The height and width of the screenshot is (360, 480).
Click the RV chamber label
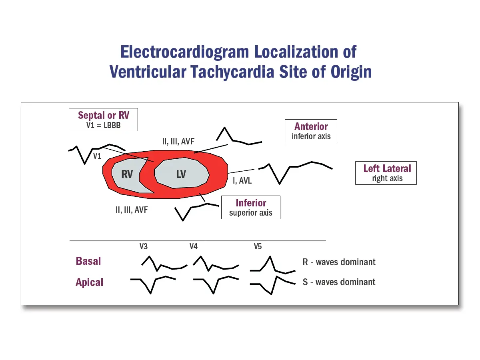point(127,175)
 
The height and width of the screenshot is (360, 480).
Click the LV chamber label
point(181,174)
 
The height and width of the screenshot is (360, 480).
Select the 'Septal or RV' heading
point(103,116)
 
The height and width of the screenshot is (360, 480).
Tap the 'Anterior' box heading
point(311,126)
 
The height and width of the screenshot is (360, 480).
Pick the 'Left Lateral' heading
point(387,168)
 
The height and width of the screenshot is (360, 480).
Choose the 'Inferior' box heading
point(251,203)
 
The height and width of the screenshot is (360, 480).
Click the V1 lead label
point(97,156)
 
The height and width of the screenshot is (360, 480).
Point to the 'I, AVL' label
point(242,181)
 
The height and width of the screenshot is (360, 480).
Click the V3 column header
point(144,246)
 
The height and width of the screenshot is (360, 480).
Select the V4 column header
point(194,246)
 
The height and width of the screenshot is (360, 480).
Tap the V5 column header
point(258,246)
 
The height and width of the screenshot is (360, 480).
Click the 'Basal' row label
point(88,261)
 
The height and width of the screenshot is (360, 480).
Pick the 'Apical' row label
point(89,282)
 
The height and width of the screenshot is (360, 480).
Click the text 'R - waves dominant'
point(339,262)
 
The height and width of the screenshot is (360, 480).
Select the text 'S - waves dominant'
point(339,282)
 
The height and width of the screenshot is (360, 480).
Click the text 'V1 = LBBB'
point(103,125)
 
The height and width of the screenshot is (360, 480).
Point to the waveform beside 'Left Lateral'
point(296,170)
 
